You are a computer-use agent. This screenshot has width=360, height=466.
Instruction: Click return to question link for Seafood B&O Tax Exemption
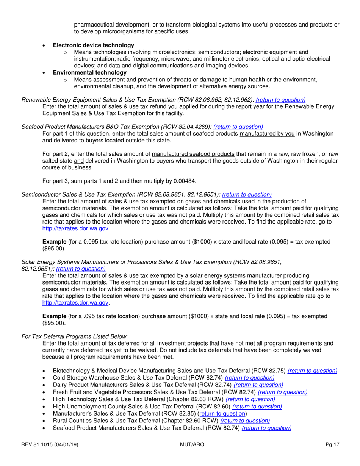coord(238,127)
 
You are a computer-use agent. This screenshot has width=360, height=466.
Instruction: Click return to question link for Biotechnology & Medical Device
coord(312,371)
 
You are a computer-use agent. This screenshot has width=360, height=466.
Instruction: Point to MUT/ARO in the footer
coord(192,444)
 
